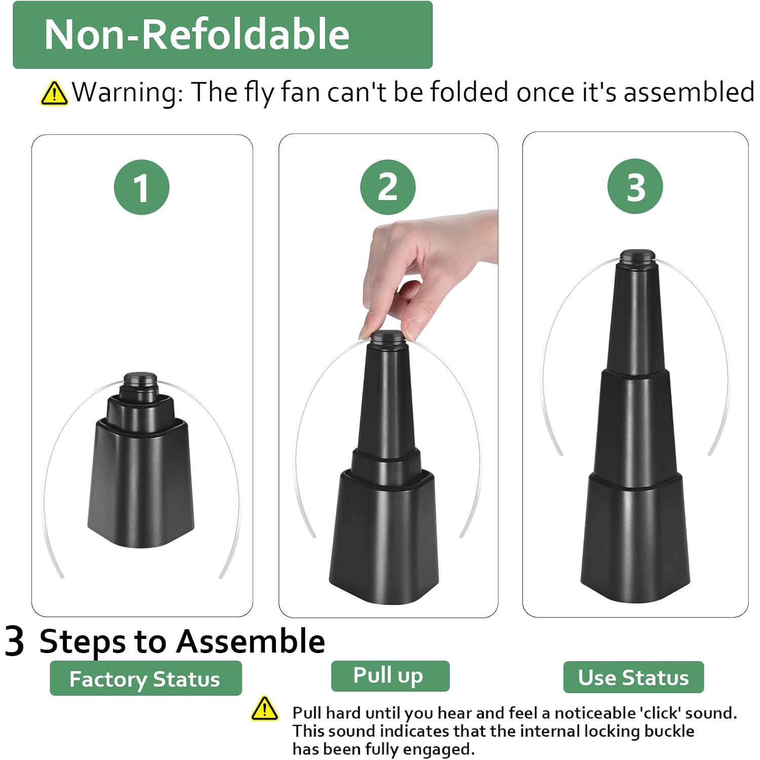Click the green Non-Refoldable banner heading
pos(222,34)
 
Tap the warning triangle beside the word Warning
pos(54,93)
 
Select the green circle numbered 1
pos(141,187)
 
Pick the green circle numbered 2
pos(388,186)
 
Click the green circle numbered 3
pos(635,186)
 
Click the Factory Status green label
pos(145,678)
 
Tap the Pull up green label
pos(390,675)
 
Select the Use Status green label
pos(633,677)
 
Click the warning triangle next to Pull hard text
pos(264,708)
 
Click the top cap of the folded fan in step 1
pos(140,379)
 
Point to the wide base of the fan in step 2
pos(384,537)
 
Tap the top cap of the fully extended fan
pos(637,256)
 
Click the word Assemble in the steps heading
pos(250,641)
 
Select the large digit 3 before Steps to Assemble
pos(14,641)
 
